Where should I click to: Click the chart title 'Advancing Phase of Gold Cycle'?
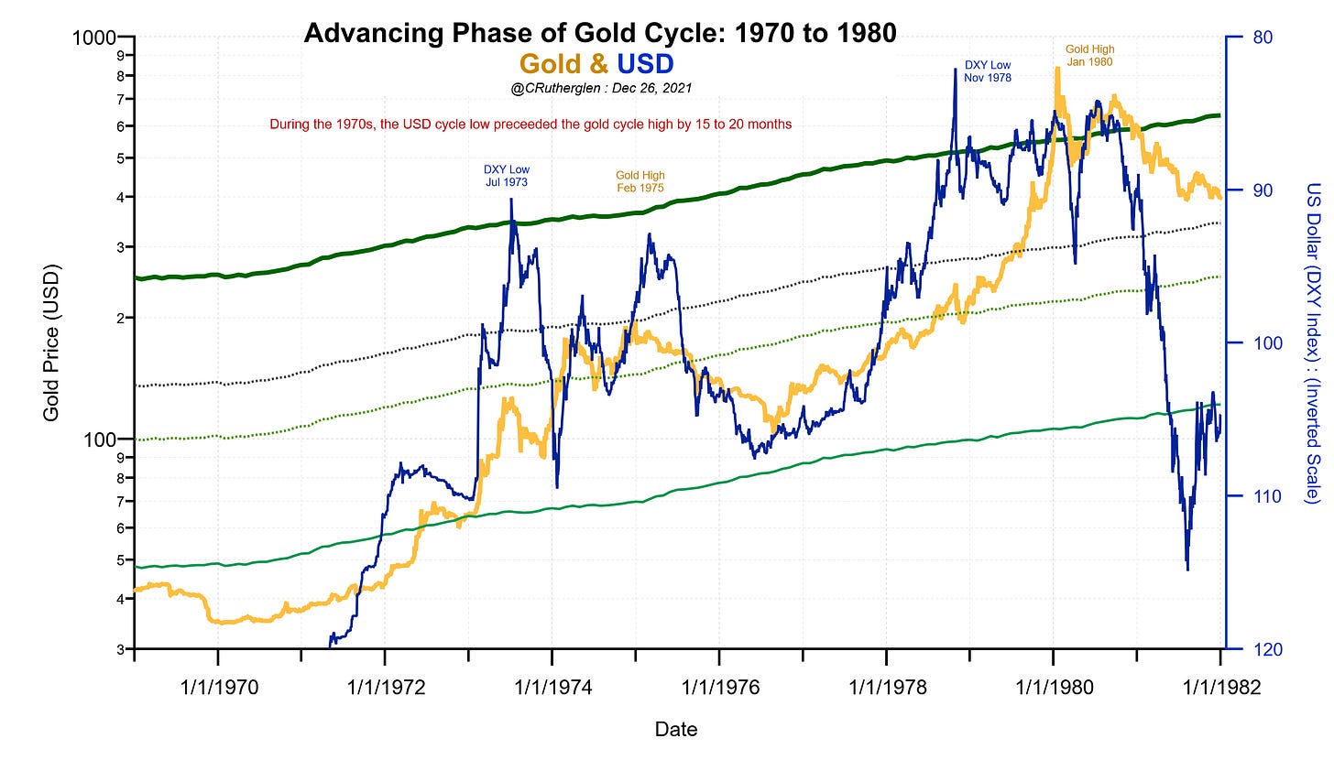pos(599,34)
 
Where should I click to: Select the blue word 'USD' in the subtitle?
pos(645,63)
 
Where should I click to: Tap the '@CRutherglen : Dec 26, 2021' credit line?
pos(601,89)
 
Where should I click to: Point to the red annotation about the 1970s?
pos(530,124)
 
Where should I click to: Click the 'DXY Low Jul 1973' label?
pos(506,176)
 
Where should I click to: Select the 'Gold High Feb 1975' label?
pos(640,181)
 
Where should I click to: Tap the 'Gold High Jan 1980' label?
pos(1089,55)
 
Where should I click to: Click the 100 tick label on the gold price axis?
pos(109,440)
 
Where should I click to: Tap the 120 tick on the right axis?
pos(1263,649)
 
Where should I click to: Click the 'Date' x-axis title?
pos(675,730)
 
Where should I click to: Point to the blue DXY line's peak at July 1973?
pos(510,200)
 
